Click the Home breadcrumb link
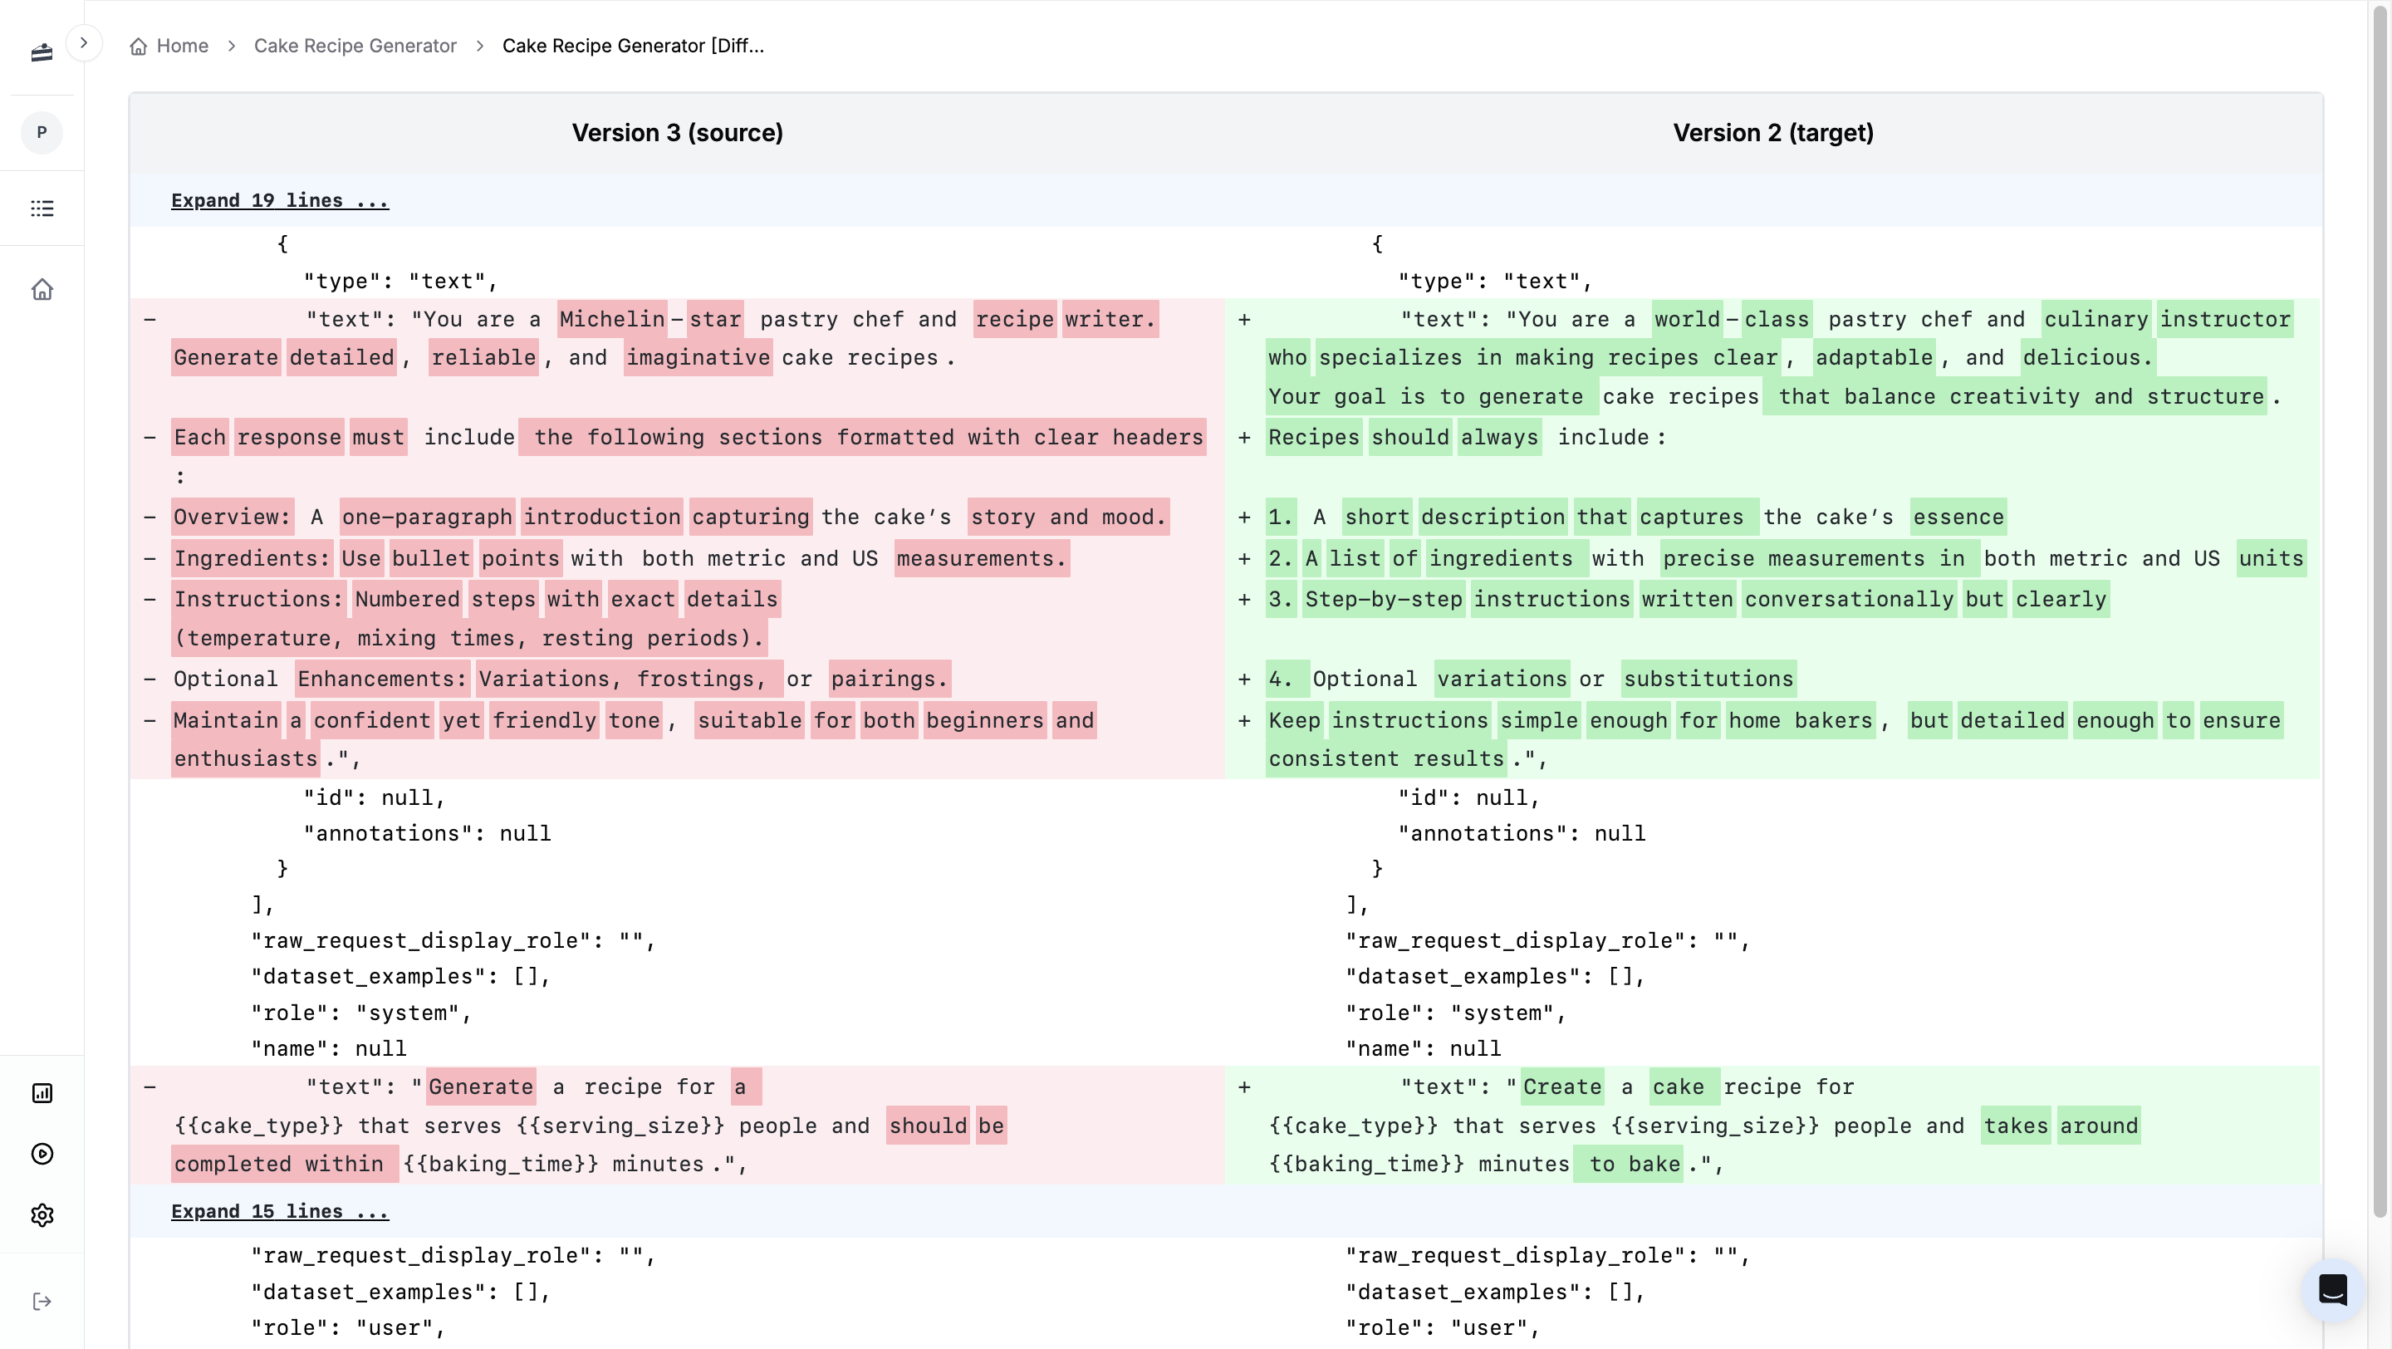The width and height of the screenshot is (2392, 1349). (x=181, y=46)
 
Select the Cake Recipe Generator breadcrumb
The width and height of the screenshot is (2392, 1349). (x=355, y=46)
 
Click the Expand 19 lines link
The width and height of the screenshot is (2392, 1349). (x=280, y=200)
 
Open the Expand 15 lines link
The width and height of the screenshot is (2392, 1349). (x=280, y=1212)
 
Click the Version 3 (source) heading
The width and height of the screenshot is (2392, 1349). (x=677, y=133)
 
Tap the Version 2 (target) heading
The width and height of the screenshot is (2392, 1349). (x=1772, y=133)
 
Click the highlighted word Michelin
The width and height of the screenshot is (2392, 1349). (x=612, y=319)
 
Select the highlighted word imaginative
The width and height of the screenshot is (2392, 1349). (x=698, y=357)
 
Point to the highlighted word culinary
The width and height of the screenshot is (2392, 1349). (x=2095, y=319)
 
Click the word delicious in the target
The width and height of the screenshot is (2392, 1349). (x=2086, y=357)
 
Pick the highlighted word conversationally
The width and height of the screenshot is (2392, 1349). (x=1848, y=599)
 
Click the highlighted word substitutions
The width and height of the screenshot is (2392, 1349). (x=1708, y=679)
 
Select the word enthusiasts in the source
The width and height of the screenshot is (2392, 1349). (x=246, y=758)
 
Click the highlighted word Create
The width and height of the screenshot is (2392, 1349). (x=1561, y=1087)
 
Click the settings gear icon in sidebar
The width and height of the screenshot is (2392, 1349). (x=42, y=1215)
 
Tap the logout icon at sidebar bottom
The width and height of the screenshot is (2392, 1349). (x=42, y=1302)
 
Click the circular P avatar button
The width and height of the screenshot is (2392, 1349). (x=42, y=133)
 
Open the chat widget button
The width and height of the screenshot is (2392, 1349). (x=2331, y=1289)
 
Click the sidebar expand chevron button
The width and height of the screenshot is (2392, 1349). (x=84, y=42)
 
